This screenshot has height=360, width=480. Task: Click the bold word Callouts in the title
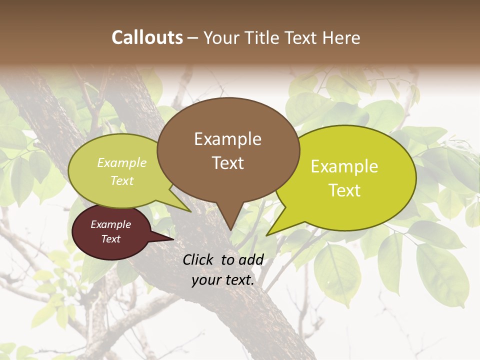click(147, 37)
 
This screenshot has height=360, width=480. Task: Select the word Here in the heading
click(343, 37)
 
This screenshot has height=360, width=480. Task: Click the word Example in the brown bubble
click(227, 139)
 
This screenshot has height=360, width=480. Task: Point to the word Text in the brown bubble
click(227, 163)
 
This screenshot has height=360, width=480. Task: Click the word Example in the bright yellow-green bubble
click(344, 166)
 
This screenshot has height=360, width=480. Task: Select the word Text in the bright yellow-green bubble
click(344, 190)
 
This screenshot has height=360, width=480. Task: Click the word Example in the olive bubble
click(122, 163)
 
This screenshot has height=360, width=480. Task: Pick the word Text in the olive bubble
click(122, 180)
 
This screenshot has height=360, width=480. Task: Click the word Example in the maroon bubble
click(110, 224)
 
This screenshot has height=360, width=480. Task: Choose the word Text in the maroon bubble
click(110, 239)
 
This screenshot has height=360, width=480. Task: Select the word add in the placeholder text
click(251, 259)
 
